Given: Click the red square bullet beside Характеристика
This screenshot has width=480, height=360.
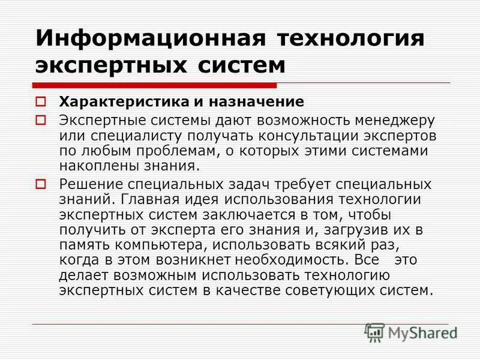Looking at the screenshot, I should coord(41,101).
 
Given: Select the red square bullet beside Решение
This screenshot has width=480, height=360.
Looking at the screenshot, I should coord(41,182).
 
